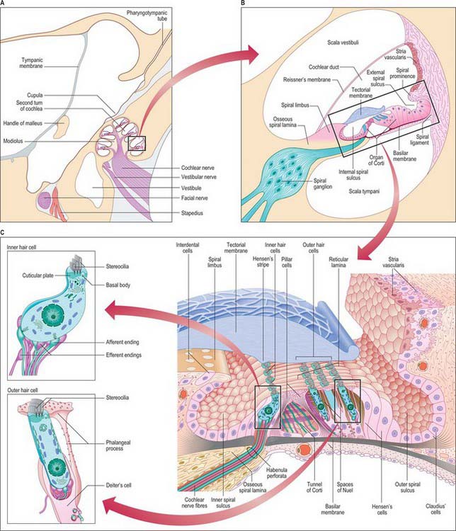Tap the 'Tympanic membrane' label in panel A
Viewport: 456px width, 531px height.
click(x=33, y=74)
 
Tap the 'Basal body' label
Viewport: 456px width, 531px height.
click(x=115, y=285)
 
